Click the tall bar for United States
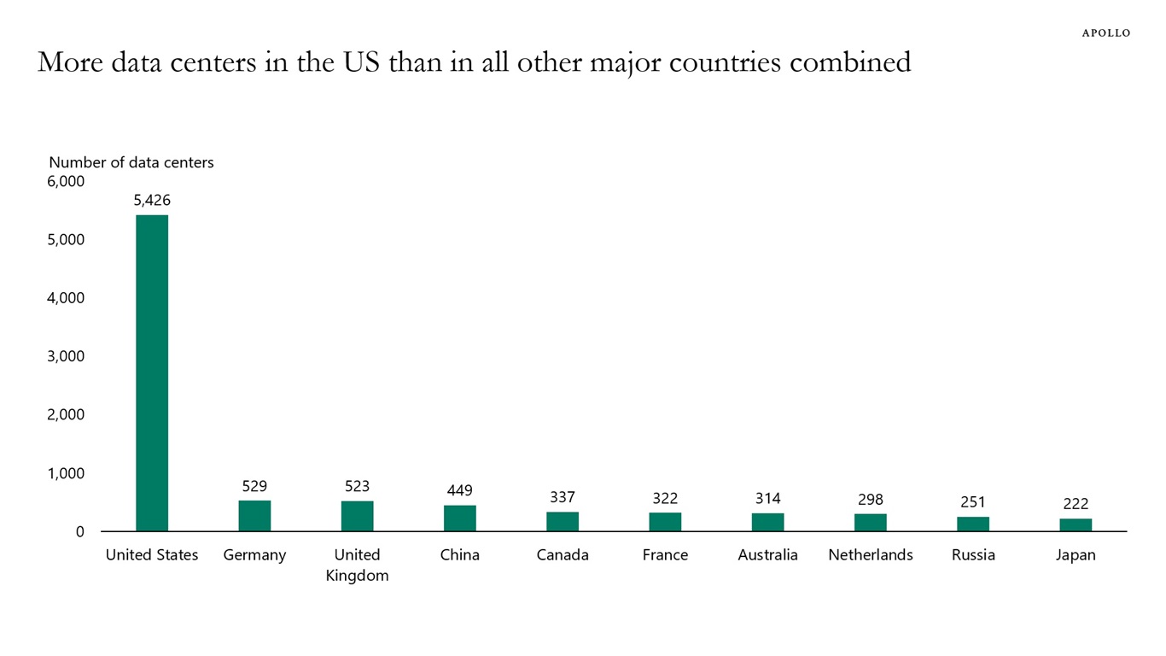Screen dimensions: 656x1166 pyautogui.click(x=152, y=372)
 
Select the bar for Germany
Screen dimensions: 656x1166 pyautogui.click(x=254, y=516)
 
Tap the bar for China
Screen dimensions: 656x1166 pyautogui.click(x=460, y=518)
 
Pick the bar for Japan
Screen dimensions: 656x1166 pyautogui.click(x=1076, y=524)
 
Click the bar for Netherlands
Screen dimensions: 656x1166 pyautogui.click(x=871, y=522)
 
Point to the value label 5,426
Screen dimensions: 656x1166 pyautogui.click(x=152, y=201)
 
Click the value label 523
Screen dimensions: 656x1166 pyautogui.click(x=357, y=486)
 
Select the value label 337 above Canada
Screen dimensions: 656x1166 pyautogui.click(x=563, y=497)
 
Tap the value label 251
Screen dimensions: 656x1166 pyautogui.click(x=973, y=502)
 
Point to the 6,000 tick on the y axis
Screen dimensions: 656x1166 pyautogui.click(x=66, y=181)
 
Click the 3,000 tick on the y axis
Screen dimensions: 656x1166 pyautogui.click(x=66, y=356)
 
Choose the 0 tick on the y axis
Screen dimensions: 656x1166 pyautogui.click(x=79, y=531)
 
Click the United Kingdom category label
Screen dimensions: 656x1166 pyautogui.click(x=357, y=565)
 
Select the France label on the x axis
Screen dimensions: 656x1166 pyautogui.click(x=665, y=555)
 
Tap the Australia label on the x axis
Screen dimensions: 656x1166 pyautogui.click(x=767, y=555)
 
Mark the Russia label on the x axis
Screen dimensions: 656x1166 pyautogui.click(x=973, y=555)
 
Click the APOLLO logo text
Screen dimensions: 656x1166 pyautogui.click(x=1105, y=33)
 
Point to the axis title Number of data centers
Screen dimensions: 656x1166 pyautogui.click(x=131, y=162)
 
